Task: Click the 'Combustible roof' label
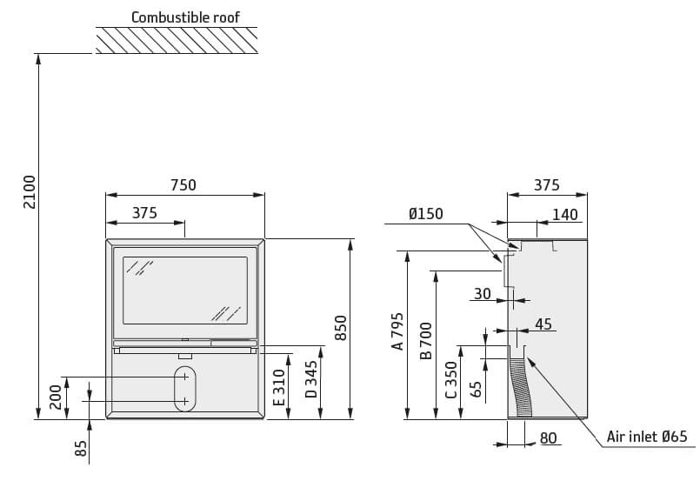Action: point(185,17)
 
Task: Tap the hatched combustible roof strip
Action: point(177,40)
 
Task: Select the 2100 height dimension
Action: point(29,191)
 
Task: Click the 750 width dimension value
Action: point(183,185)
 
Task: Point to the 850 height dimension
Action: point(341,328)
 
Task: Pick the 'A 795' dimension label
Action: point(397,331)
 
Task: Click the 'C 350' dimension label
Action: point(450,379)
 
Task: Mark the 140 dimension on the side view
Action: point(564,215)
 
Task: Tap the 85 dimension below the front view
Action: point(81,448)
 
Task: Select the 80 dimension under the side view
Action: point(549,438)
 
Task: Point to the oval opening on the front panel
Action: point(184,388)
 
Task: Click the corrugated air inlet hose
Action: point(523,383)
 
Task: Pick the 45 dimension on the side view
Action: point(543,324)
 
